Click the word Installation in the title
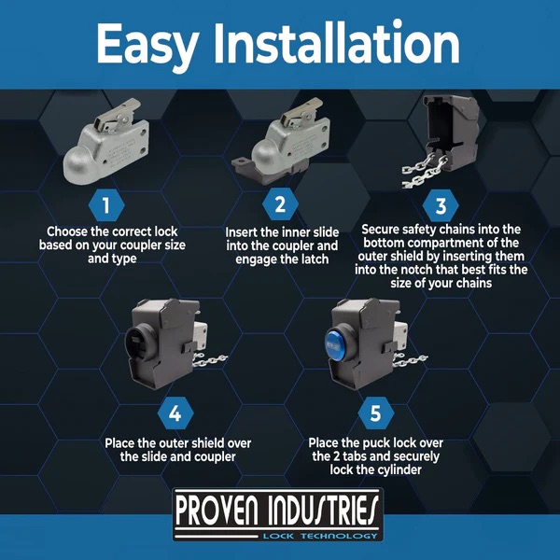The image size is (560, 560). (336, 42)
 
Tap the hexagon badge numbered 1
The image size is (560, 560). (106, 205)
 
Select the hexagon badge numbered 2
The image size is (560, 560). (280, 203)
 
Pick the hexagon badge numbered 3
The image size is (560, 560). (441, 205)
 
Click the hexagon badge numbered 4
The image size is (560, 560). (175, 413)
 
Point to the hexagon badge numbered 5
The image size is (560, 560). (376, 413)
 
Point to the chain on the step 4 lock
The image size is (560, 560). (210, 360)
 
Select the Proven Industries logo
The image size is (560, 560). (277, 515)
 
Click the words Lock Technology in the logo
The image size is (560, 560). (320, 536)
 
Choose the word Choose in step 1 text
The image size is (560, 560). (67, 231)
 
